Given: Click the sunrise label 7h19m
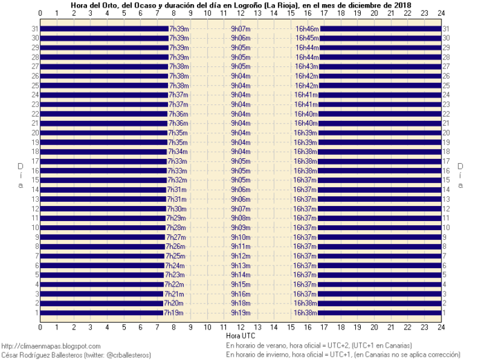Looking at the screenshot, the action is (x=173, y=313).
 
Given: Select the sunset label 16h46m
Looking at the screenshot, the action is (x=307, y=29).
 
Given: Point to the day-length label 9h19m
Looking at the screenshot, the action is (x=240, y=313).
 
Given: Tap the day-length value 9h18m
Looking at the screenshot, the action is (x=240, y=303).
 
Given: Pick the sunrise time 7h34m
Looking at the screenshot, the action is (x=178, y=152).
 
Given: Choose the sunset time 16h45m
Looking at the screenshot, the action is (x=307, y=38).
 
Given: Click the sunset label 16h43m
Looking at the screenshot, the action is (x=306, y=66).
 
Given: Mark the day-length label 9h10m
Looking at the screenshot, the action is (x=240, y=237).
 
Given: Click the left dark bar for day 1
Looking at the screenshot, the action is (x=102, y=313).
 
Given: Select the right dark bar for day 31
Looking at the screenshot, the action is (x=381, y=29).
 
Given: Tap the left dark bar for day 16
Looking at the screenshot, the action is (x=104, y=171).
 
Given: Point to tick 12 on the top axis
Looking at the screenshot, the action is (x=240, y=13).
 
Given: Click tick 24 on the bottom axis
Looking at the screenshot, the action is (x=441, y=328).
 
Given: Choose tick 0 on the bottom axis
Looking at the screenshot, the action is (x=40, y=328).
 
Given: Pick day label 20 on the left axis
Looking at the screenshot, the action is (x=35, y=133).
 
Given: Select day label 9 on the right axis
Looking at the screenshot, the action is (x=444, y=237).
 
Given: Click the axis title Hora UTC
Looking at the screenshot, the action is (x=240, y=336).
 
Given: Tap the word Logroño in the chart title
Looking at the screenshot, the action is (x=249, y=6).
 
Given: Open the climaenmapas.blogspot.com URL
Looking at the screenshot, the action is (x=51, y=346).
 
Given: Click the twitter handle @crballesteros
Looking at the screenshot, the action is (x=128, y=355).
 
